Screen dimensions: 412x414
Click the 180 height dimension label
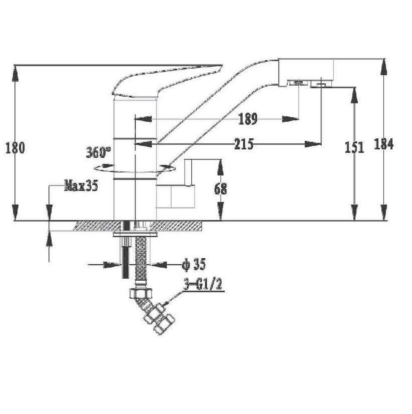click(15, 148)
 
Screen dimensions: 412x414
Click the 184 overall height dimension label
click(384, 144)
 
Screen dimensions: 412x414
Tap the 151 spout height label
click(354, 147)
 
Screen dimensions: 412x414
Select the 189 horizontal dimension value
click(248, 119)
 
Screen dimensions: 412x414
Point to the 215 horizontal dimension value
click(244, 144)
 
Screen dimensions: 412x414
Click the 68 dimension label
click(221, 189)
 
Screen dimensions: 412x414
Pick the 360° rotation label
click(98, 152)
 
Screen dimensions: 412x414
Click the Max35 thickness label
click(81, 185)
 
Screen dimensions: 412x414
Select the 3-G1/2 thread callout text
click(203, 285)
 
